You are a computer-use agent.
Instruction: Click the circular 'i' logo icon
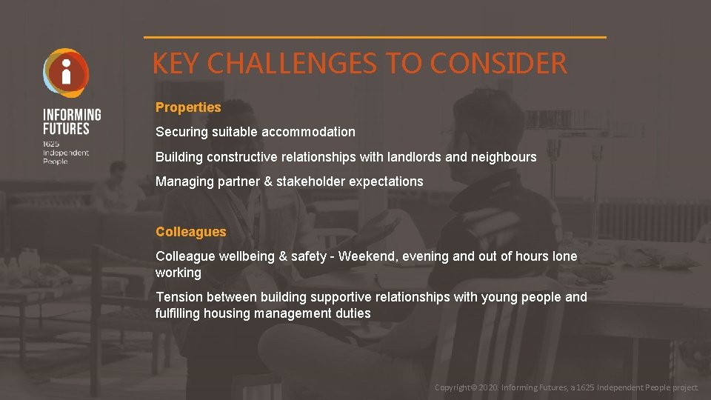pos(66,73)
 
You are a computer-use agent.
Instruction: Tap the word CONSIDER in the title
pos(498,64)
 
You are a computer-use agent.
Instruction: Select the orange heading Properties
pos(188,107)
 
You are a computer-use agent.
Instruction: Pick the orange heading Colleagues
pos(190,232)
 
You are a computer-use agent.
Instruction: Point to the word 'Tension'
pos(178,297)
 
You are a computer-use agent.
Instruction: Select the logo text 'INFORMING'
pos(72,115)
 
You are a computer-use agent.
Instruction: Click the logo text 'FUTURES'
pos(66,128)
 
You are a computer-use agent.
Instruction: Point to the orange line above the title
pos(375,37)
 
